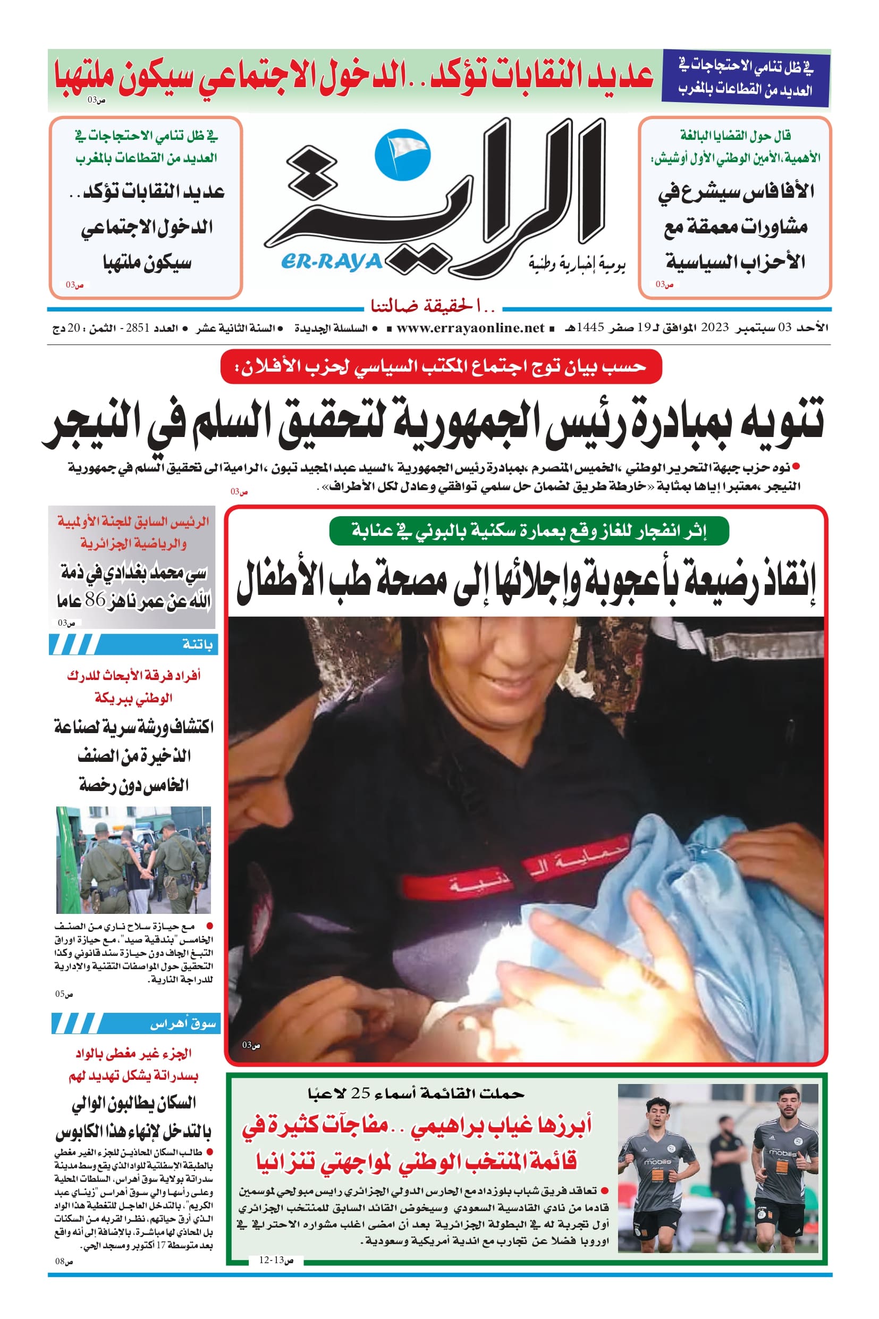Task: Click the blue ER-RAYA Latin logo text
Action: pos(332,262)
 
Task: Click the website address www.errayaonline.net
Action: pos(470,328)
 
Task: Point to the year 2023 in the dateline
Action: pos(714,328)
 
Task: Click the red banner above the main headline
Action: pos(441,367)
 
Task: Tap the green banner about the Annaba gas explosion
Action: pos(529,531)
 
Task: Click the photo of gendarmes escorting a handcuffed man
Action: pos(133,860)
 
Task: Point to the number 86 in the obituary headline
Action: pos(95,600)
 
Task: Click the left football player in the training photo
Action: pos(657,1172)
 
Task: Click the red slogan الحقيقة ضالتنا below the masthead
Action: pos(433,306)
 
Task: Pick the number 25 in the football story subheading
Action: pos(360,1093)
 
